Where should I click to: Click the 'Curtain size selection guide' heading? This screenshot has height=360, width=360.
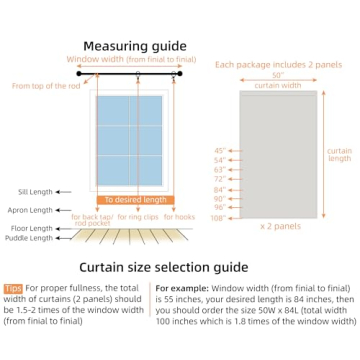(179, 267)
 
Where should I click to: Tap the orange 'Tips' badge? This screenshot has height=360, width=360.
(13, 287)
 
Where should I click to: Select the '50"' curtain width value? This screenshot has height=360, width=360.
(277, 75)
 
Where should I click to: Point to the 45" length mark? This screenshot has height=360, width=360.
(220, 151)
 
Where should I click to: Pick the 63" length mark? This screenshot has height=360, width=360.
(220, 169)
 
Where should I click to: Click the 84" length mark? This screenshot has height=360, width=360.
(220, 189)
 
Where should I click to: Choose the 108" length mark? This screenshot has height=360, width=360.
(219, 216)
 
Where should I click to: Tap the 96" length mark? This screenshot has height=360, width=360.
(220, 207)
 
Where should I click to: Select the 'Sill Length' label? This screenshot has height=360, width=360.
(36, 191)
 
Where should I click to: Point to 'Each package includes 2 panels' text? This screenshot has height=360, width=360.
(277, 64)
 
